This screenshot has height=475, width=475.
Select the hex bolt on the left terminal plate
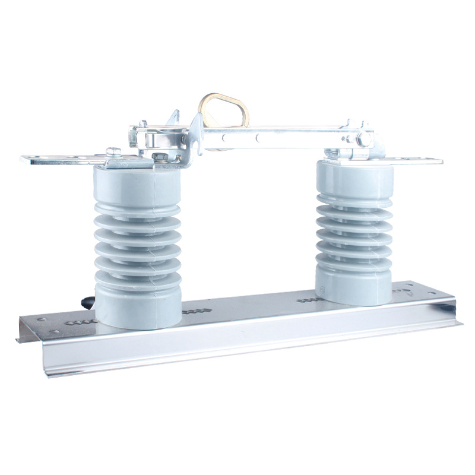click(113, 152)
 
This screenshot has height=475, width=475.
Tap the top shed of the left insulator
click(137, 208)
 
